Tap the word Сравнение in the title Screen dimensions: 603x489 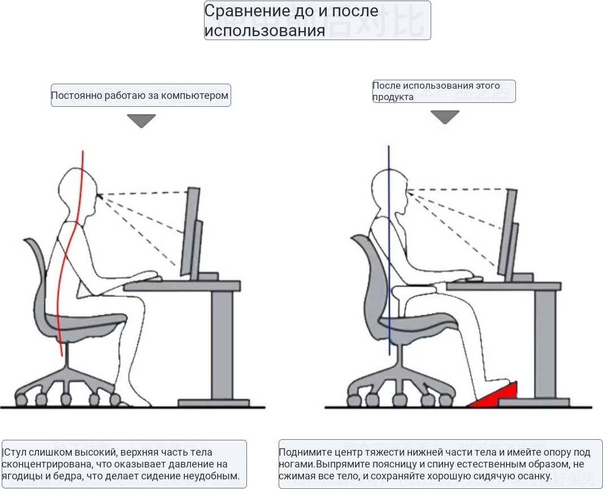247,11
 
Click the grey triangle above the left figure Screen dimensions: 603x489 141,120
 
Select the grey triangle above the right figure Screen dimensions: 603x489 445,117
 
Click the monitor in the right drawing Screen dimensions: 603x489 508,233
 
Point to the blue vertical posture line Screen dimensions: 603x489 389,250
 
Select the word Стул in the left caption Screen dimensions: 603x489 15,452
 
